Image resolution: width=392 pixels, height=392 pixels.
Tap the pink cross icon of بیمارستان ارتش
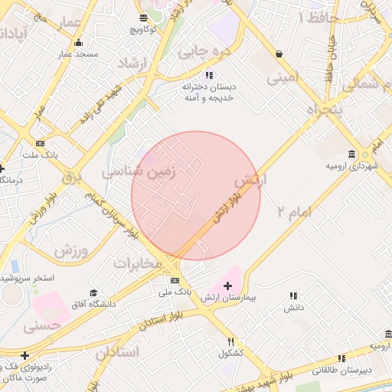227,285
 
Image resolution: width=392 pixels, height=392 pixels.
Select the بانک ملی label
175,292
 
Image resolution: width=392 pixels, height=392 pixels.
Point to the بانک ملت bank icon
40,143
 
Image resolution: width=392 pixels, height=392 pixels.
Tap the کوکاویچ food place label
143,29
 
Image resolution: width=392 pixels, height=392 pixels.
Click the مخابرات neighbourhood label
139,263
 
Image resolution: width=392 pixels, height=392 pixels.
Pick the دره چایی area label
203,52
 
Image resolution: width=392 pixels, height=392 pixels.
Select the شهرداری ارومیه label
349,165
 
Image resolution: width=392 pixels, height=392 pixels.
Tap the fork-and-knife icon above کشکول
230,341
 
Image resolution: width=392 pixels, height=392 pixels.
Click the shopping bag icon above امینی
277,54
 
